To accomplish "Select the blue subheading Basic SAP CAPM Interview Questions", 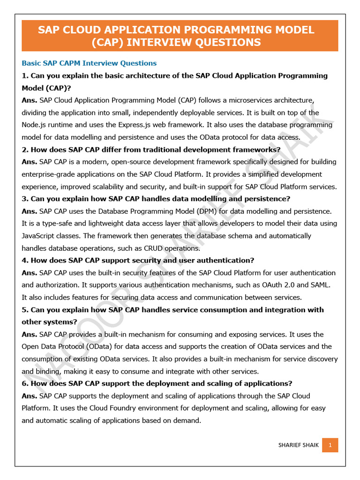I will (89, 63).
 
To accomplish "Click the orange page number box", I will (330, 445).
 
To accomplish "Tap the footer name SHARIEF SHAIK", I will (298, 445).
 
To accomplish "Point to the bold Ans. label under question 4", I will (30, 273).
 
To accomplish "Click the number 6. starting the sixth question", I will (25, 383).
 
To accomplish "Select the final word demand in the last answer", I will (187, 420).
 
